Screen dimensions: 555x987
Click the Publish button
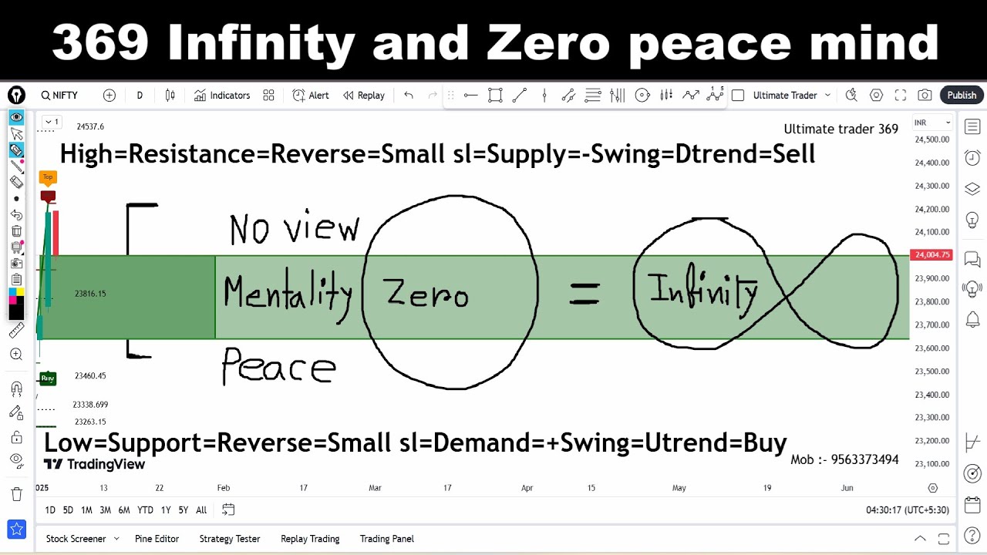962,95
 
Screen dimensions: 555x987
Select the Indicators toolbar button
222,96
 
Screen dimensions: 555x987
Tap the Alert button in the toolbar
311,96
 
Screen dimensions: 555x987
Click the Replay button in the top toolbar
364,96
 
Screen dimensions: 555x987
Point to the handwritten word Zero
426,294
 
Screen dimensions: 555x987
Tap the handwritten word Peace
278,367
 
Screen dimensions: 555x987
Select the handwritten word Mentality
287,294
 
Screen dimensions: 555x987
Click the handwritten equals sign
584,293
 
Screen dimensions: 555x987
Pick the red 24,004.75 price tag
931,255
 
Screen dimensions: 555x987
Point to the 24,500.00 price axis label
931,140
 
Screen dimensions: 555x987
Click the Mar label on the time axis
375,488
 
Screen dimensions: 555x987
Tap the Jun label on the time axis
847,488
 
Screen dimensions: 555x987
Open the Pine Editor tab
157,539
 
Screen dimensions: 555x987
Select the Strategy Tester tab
230,539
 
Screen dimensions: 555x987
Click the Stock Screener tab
76,539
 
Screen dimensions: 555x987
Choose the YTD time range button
145,510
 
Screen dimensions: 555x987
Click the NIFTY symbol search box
60,96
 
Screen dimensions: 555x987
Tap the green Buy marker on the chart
48,378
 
